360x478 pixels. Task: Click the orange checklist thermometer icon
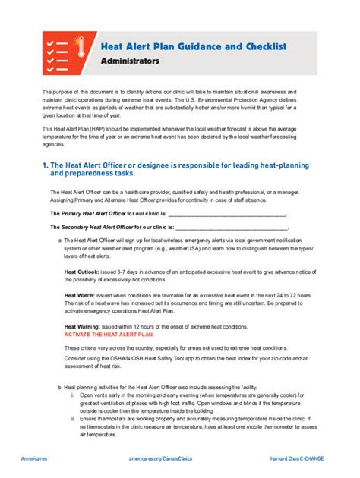click(65, 53)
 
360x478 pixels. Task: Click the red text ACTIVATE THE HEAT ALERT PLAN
click(109, 334)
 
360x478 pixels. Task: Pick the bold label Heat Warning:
click(84, 326)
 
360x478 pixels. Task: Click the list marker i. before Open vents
click(74, 395)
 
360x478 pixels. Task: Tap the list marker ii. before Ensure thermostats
click(74, 417)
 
